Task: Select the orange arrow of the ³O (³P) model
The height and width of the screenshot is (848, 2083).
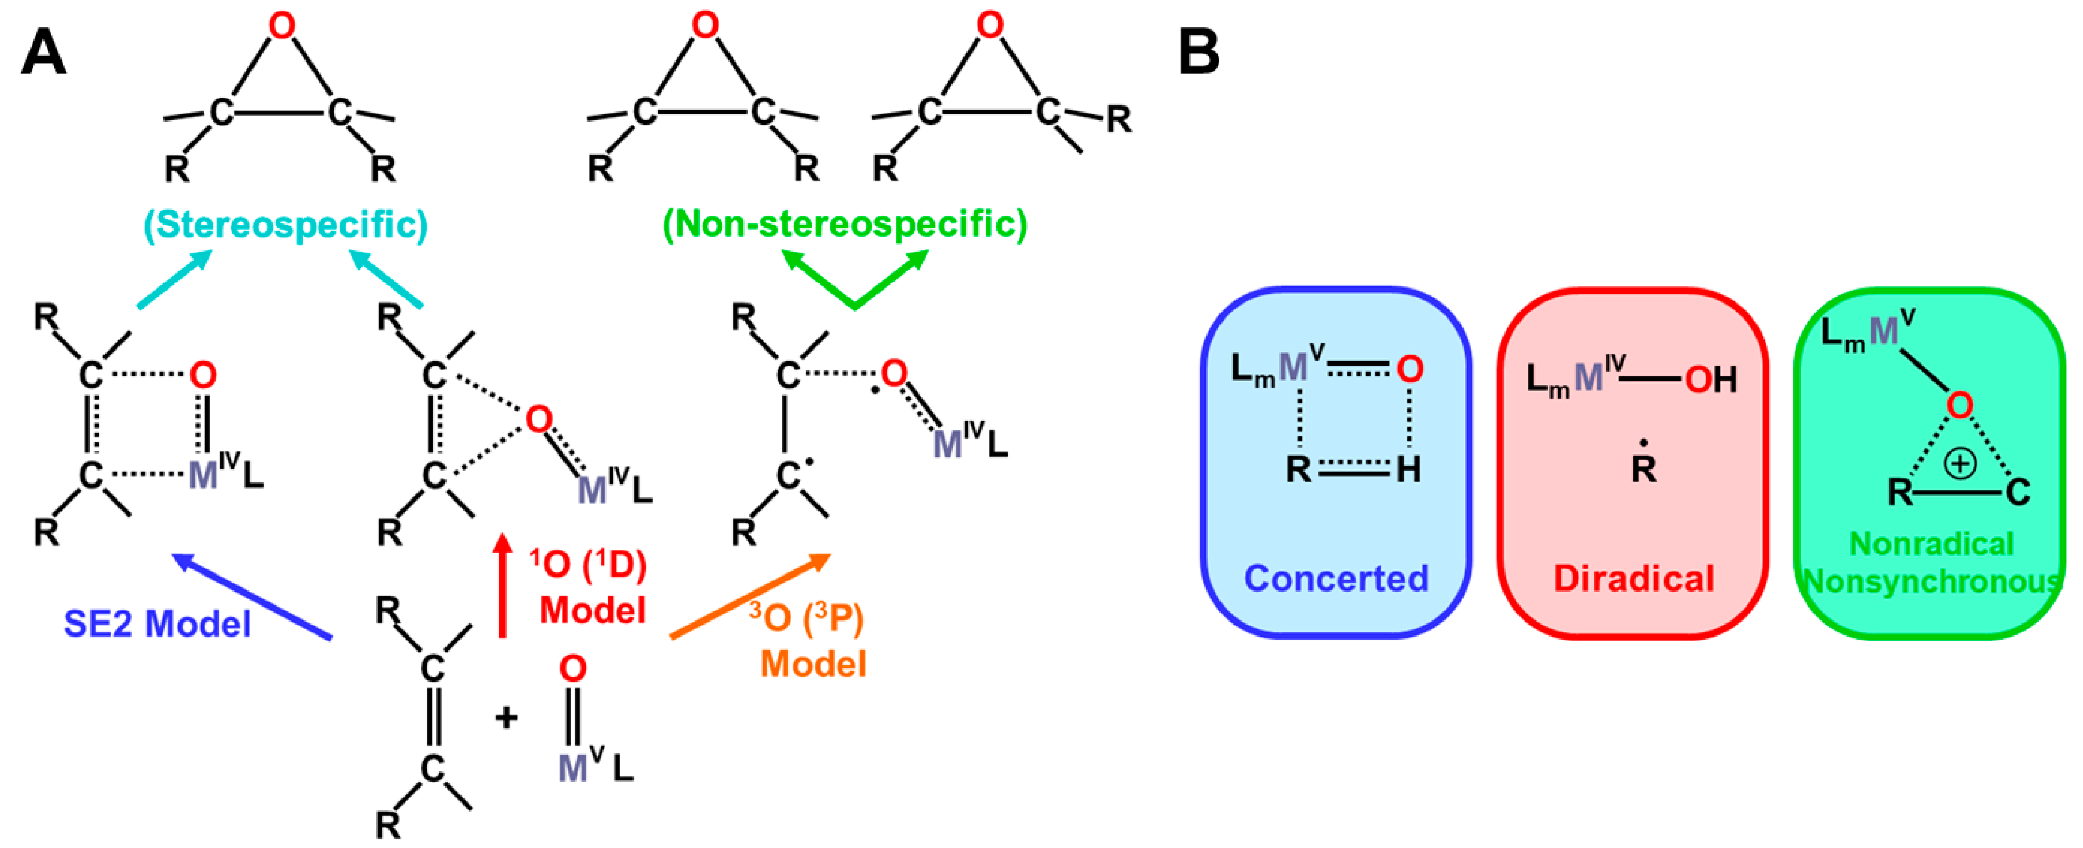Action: (x=750, y=596)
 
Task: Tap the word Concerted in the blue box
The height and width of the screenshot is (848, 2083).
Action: (x=1336, y=578)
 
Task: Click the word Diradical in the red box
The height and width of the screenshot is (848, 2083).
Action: (x=1633, y=578)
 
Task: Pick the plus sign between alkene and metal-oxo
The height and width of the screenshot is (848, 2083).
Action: (x=506, y=717)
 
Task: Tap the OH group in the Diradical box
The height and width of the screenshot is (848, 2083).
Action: (x=1711, y=379)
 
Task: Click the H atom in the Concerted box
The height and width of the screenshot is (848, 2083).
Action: (x=1408, y=469)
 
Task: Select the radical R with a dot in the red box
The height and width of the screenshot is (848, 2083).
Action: (x=1643, y=466)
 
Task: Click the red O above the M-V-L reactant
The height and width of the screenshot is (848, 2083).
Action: (x=573, y=669)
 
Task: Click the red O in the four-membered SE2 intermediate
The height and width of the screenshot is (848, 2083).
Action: (x=203, y=375)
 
